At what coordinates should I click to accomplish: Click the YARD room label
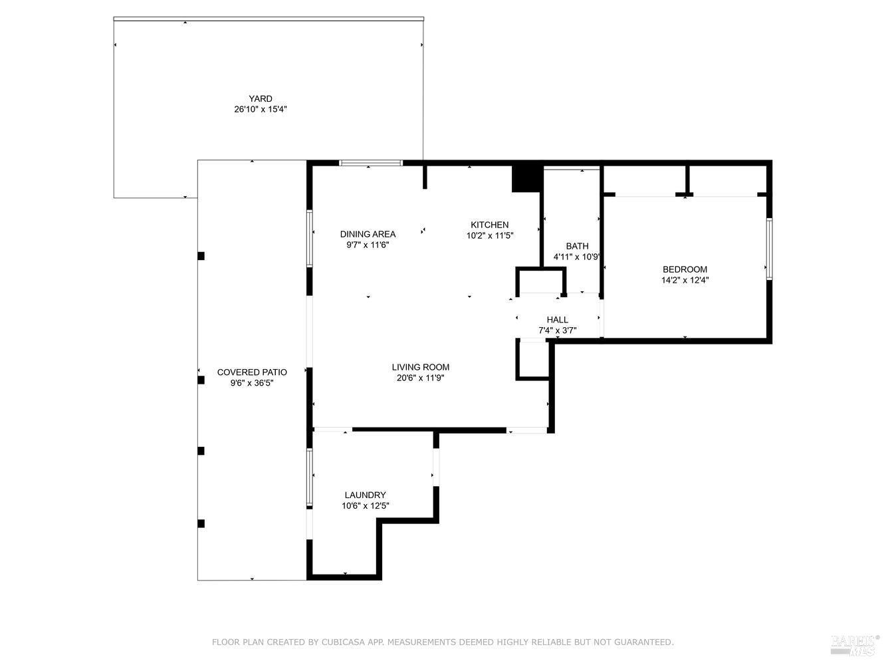click(261, 98)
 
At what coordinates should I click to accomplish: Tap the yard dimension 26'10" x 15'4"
click(261, 109)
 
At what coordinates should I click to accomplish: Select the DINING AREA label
click(368, 234)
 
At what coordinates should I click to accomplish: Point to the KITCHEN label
click(490, 225)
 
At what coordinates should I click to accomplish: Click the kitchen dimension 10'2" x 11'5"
click(490, 235)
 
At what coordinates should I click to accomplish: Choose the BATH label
click(577, 246)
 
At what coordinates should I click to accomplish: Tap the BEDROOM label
click(685, 269)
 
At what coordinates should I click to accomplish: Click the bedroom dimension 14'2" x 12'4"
click(685, 280)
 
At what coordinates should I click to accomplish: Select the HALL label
click(558, 320)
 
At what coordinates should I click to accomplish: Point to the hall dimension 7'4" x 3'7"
click(558, 331)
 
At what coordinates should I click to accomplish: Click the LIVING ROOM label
click(421, 367)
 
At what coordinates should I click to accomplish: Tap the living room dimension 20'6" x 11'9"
click(421, 378)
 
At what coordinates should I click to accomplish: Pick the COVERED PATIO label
click(252, 372)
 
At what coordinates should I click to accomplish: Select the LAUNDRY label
click(366, 495)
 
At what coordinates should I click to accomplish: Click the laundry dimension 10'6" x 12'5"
click(366, 505)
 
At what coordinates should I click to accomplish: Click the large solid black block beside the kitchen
click(526, 178)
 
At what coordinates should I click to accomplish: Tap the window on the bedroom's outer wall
click(769, 249)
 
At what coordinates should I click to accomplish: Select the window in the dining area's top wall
click(371, 163)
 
